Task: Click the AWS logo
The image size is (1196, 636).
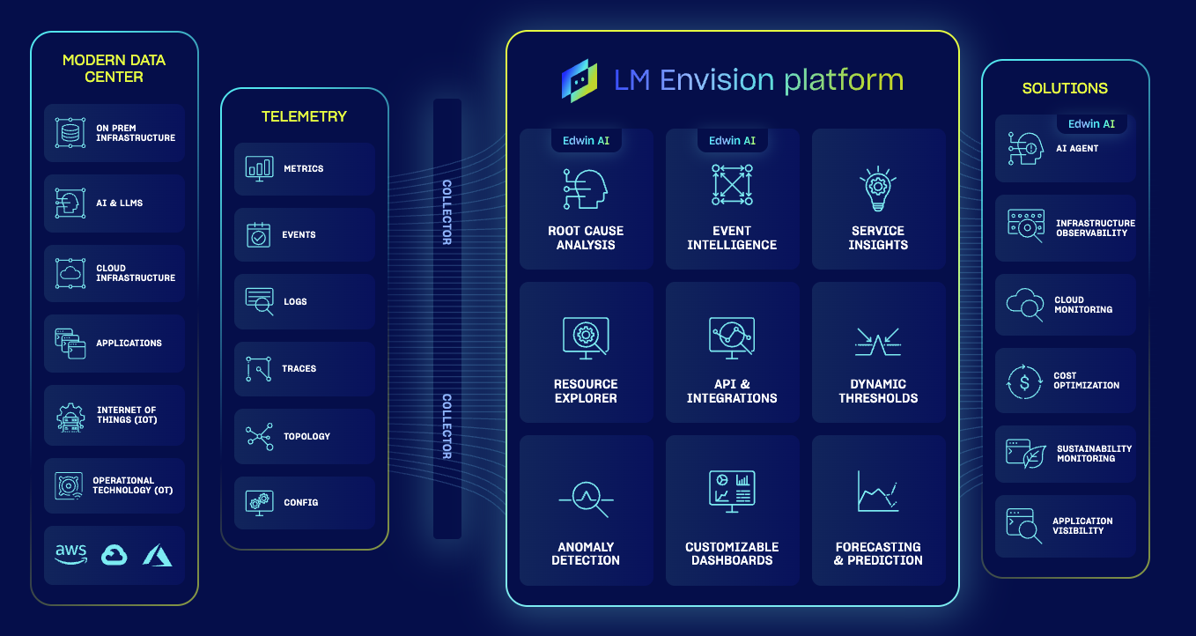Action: tap(71, 554)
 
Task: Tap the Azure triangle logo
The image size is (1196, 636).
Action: tap(158, 555)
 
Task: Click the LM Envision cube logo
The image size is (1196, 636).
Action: tap(580, 81)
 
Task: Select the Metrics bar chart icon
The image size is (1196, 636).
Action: tap(260, 169)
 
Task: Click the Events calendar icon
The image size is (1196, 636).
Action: tap(258, 235)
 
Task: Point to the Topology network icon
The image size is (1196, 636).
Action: tap(260, 436)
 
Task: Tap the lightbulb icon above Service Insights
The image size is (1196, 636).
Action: tap(878, 189)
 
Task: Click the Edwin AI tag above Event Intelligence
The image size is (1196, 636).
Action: tap(732, 140)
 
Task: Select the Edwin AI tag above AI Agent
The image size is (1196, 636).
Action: tap(1091, 124)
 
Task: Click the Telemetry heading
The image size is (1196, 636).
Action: tap(305, 116)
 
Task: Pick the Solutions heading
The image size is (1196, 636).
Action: tap(1065, 88)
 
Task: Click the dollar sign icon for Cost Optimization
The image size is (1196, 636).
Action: tap(1024, 381)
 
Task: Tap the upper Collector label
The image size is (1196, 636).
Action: tap(447, 212)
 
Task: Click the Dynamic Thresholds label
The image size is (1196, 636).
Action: tap(878, 391)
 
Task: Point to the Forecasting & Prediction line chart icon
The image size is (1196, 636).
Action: tap(878, 492)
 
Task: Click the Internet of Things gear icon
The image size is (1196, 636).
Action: tap(70, 417)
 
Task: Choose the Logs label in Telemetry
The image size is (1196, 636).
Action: tap(295, 302)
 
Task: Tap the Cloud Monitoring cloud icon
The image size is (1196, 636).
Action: tap(1024, 305)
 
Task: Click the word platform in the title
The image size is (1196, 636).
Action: tap(844, 80)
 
